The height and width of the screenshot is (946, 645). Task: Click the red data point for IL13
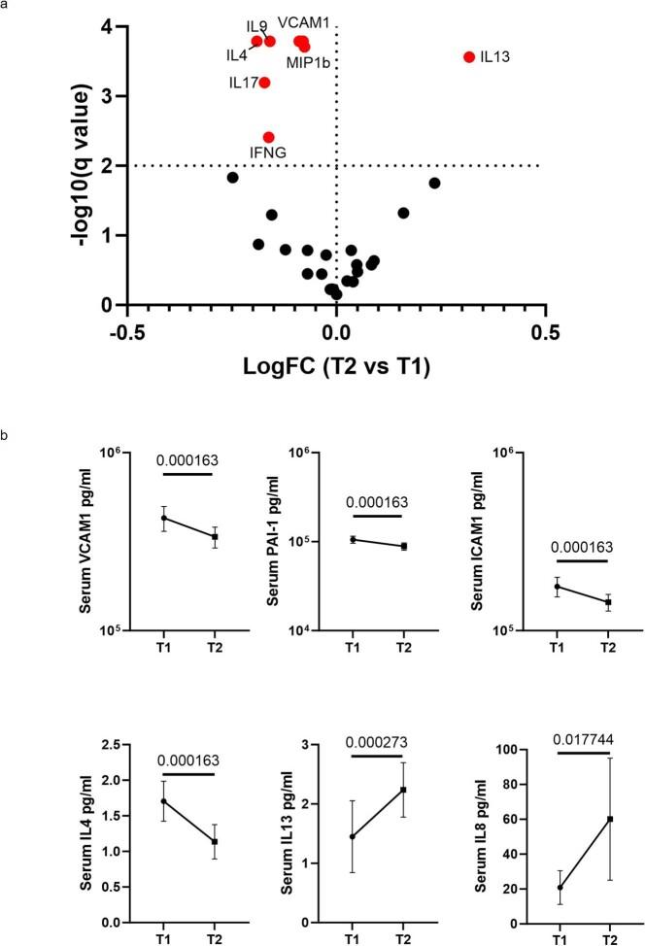(469, 57)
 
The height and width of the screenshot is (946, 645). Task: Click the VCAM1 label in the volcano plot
(304, 20)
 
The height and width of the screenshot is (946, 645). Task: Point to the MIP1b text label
(312, 63)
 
